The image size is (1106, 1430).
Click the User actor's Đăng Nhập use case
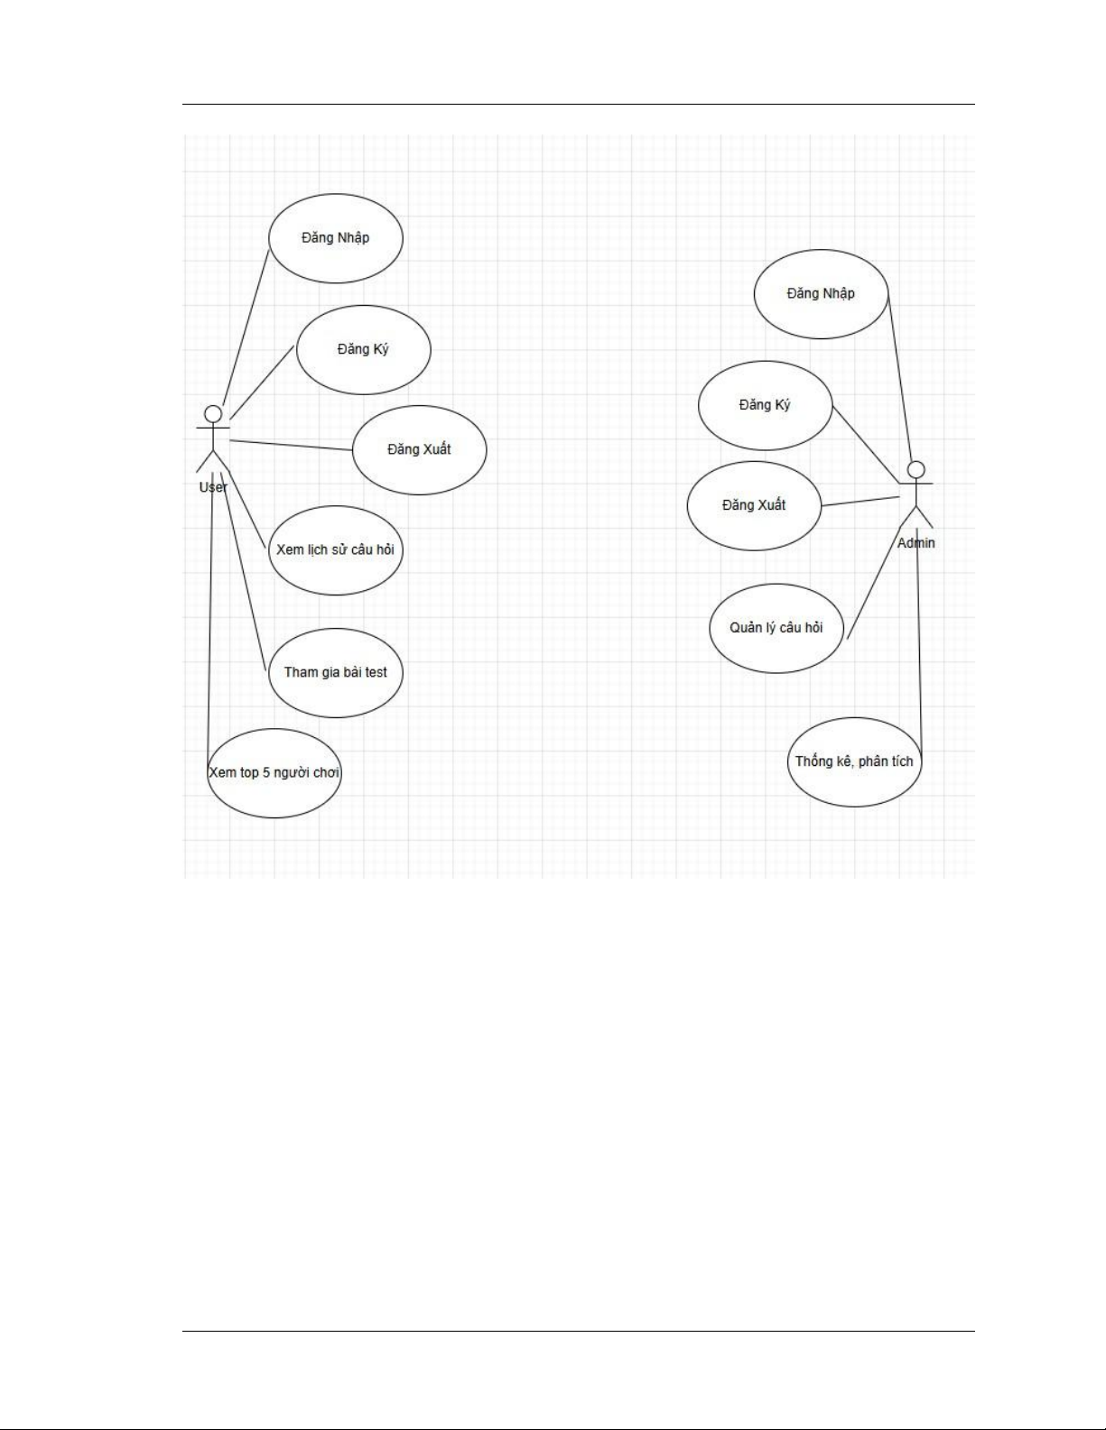336,238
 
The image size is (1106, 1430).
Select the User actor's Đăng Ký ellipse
363,349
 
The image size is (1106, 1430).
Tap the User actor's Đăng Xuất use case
419,449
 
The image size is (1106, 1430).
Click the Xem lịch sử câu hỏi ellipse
335,549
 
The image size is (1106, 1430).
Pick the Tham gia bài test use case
335,672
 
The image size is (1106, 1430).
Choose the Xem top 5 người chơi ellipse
274,773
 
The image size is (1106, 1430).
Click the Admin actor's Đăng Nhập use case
821,293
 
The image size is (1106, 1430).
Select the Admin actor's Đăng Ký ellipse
765,405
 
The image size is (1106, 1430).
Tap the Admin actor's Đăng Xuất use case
754,505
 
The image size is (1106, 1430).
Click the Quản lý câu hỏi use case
776,628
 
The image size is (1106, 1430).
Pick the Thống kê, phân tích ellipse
854,761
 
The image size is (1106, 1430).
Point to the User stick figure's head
213,414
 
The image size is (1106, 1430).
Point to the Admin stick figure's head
916,469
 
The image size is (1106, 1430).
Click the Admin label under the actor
915,543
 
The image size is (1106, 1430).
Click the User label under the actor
213,487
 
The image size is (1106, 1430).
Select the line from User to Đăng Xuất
291,444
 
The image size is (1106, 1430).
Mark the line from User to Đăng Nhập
246,328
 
